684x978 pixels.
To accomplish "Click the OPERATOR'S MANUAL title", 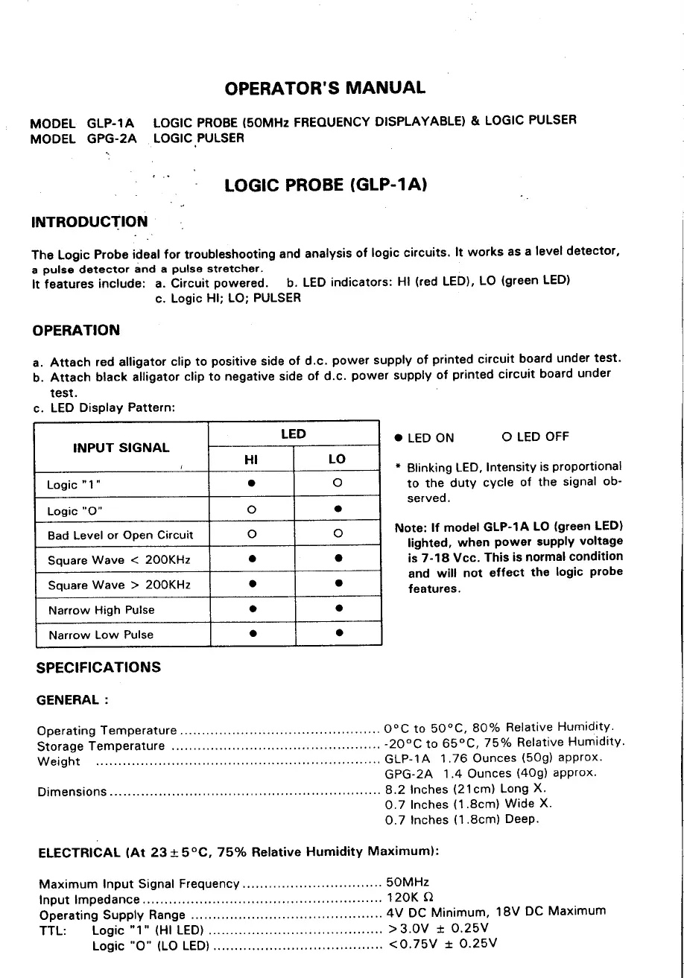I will pos(325,88).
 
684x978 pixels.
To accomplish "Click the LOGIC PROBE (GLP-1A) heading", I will pos(325,185).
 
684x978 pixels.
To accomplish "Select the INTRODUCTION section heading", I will pos(89,222).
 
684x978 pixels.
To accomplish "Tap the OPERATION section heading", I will pos(75,330).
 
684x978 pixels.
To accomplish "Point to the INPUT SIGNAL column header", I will pos(121,448).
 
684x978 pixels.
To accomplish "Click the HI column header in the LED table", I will pos(251,460).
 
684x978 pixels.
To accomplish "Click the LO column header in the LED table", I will pos(337,460).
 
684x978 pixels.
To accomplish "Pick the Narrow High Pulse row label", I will pos(101,610).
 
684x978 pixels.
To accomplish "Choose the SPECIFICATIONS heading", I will pos(98,667).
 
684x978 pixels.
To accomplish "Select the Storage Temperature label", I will pos(101,746).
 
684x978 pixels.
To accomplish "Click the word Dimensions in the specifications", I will pos(72,792).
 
